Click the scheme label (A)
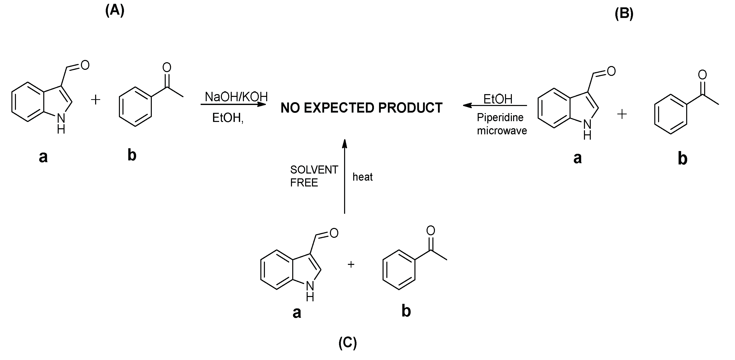[115, 11]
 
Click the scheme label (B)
[624, 14]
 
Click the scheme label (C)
[348, 343]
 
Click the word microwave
[502, 131]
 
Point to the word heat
[362, 177]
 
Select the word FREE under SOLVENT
[304, 183]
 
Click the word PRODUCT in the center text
[410, 108]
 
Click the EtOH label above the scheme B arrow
[498, 99]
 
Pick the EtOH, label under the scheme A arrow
[228, 118]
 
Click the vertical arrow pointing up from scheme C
[345, 177]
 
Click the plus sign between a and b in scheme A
[96, 100]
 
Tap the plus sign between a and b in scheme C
[351, 264]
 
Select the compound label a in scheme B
[577, 158]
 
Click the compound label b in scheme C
[406, 311]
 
